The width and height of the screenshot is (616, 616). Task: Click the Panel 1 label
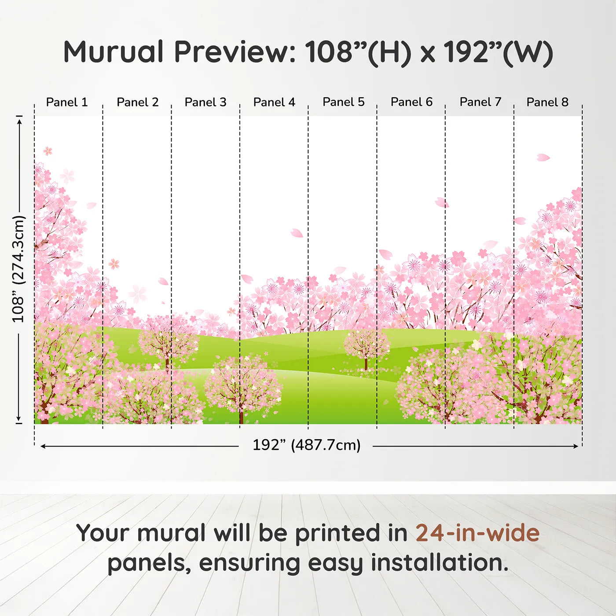tap(67, 102)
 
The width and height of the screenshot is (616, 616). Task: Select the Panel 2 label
tap(137, 102)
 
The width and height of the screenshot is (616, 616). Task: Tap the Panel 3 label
tap(205, 102)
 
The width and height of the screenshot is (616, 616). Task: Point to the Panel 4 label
tap(274, 102)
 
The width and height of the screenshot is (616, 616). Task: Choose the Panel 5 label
tap(344, 102)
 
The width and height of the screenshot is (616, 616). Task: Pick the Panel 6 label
tap(412, 102)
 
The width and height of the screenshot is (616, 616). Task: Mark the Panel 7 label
tap(480, 102)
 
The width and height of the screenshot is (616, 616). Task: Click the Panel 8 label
tap(547, 102)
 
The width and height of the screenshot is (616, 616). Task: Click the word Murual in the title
tap(114, 52)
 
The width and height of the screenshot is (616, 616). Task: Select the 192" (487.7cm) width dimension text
tap(306, 445)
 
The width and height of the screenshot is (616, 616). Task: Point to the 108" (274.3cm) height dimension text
tap(18, 269)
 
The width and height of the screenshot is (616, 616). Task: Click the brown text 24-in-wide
tap(477, 533)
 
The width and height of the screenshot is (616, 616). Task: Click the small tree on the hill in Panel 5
tap(366, 348)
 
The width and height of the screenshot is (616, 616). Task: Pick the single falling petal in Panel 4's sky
tap(297, 233)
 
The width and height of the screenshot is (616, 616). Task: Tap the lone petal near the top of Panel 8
tap(543, 157)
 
